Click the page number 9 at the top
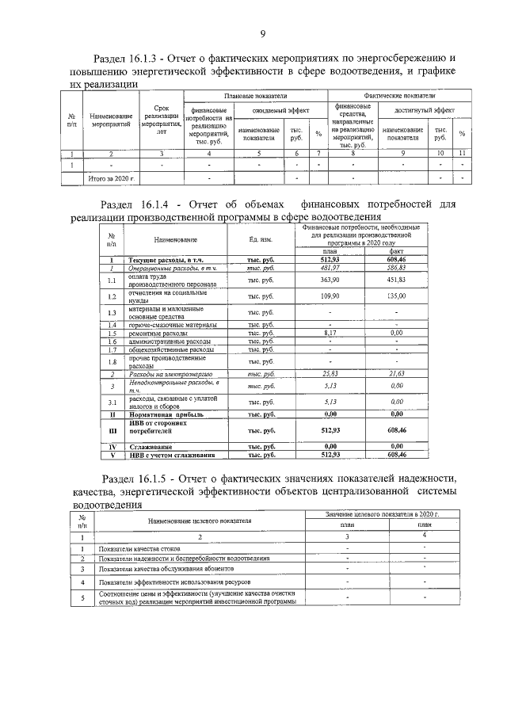[x=261, y=32]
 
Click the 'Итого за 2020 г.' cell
[x=111, y=179]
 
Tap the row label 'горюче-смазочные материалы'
[x=171, y=325]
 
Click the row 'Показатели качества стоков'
[x=139, y=548]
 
